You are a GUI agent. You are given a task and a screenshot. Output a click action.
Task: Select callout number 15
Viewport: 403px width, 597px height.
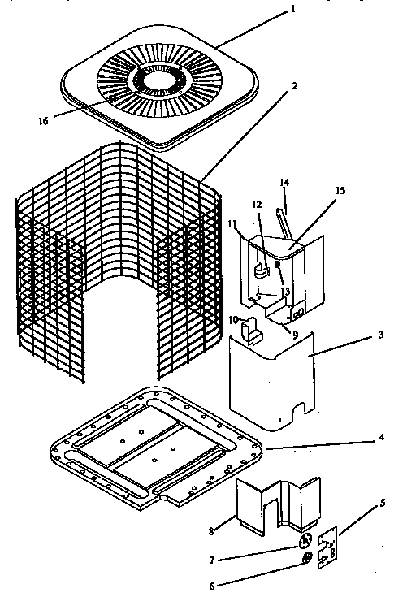(340, 190)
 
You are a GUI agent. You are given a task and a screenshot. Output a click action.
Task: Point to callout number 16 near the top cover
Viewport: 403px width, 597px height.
(41, 121)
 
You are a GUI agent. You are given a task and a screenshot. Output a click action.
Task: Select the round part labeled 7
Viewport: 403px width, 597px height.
(305, 542)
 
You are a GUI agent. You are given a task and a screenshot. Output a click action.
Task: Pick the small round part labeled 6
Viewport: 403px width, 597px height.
(307, 559)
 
